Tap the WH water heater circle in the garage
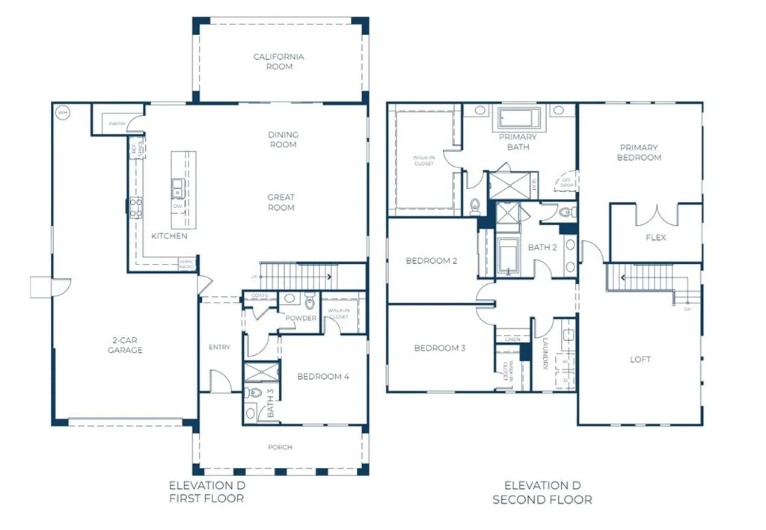(x=62, y=113)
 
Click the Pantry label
(x=116, y=123)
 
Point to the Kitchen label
(x=169, y=236)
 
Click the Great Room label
(x=281, y=203)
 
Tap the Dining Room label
(x=283, y=140)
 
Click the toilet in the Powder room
(x=310, y=301)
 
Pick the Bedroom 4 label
(x=323, y=376)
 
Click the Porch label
(x=281, y=447)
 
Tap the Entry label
(x=220, y=347)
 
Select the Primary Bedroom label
(x=639, y=152)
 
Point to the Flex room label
(x=656, y=238)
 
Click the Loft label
(x=640, y=360)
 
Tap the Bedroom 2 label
(x=431, y=260)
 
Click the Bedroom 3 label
(x=440, y=348)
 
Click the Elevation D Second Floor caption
(x=542, y=492)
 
